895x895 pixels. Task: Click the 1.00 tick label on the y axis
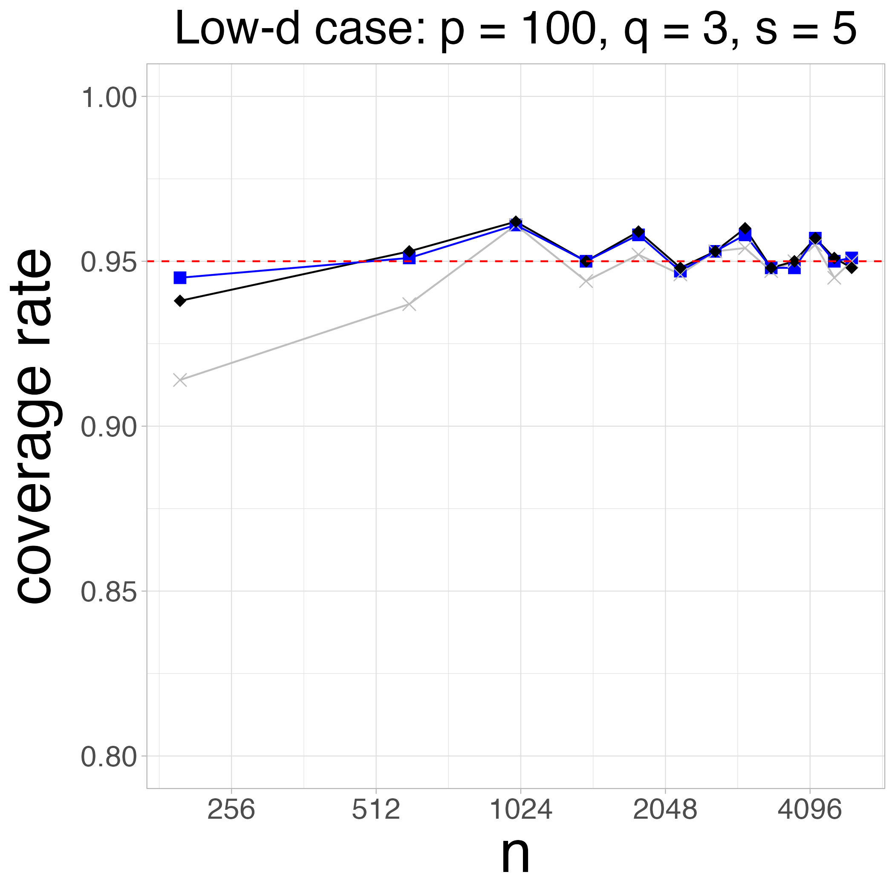[109, 99]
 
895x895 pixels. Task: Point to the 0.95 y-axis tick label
[109, 263]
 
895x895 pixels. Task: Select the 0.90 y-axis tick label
[109, 427]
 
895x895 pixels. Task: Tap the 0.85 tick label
[109, 592]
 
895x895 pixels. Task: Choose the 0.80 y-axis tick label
[109, 757]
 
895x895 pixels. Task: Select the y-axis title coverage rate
[35, 426]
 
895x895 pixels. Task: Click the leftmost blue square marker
[180, 277]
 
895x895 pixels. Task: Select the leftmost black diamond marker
[180, 301]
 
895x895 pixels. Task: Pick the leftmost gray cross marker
[180, 380]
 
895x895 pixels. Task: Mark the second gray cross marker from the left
[409, 304]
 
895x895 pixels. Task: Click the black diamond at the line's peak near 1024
[516, 222]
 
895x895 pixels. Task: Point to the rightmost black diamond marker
[852, 267]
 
